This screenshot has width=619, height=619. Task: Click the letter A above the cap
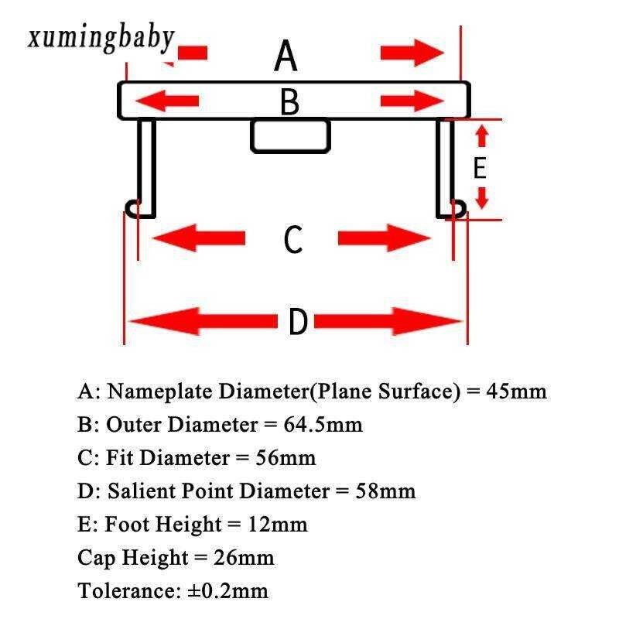pyautogui.click(x=286, y=56)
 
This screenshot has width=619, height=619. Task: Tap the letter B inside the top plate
pyautogui.click(x=289, y=102)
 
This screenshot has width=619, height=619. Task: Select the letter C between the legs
pyautogui.click(x=292, y=239)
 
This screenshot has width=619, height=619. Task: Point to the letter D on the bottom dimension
pyautogui.click(x=298, y=322)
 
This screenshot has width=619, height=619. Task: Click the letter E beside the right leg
pyautogui.click(x=480, y=168)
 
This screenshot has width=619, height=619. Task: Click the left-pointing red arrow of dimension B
pyautogui.click(x=167, y=101)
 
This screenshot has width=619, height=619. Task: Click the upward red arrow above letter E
pyautogui.click(x=481, y=137)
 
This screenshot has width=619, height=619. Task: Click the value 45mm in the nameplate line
pyautogui.click(x=516, y=392)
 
